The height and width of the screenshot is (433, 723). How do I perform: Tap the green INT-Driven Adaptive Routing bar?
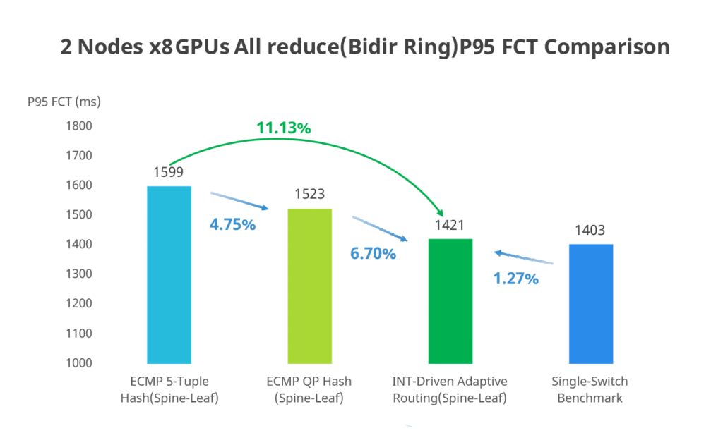pyautogui.click(x=450, y=301)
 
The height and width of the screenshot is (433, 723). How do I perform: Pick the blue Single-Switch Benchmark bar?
pyautogui.click(x=590, y=304)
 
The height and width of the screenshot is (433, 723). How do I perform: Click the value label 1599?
pyautogui.click(x=168, y=173)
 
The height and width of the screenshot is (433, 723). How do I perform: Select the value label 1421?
pyautogui.click(x=450, y=225)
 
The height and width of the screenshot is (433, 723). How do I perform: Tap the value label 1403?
pyautogui.click(x=590, y=231)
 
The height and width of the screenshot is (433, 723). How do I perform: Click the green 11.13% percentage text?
pyautogui.click(x=283, y=128)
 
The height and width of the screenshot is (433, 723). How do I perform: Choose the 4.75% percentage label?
pyautogui.click(x=232, y=226)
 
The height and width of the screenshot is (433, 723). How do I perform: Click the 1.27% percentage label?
pyautogui.click(x=515, y=279)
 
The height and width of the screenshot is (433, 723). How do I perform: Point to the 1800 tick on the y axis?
pyautogui.click(x=79, y=126)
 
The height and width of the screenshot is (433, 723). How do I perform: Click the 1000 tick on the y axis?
pyautogui.click(x=79, y=363)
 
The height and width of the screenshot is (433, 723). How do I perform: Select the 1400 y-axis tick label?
pyautogui.click(x=79, y=245)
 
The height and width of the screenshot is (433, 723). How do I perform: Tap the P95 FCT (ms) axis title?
pyautogui.click(x=64, y=102)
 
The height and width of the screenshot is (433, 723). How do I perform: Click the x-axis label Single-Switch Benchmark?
pyautogui.click(x=590, y=390)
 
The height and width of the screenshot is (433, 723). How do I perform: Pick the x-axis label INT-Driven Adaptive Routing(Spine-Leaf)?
pyautogui.click(x=450, y=390)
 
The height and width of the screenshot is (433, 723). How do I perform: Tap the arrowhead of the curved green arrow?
pyautogui.click(x=441, y=214)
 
